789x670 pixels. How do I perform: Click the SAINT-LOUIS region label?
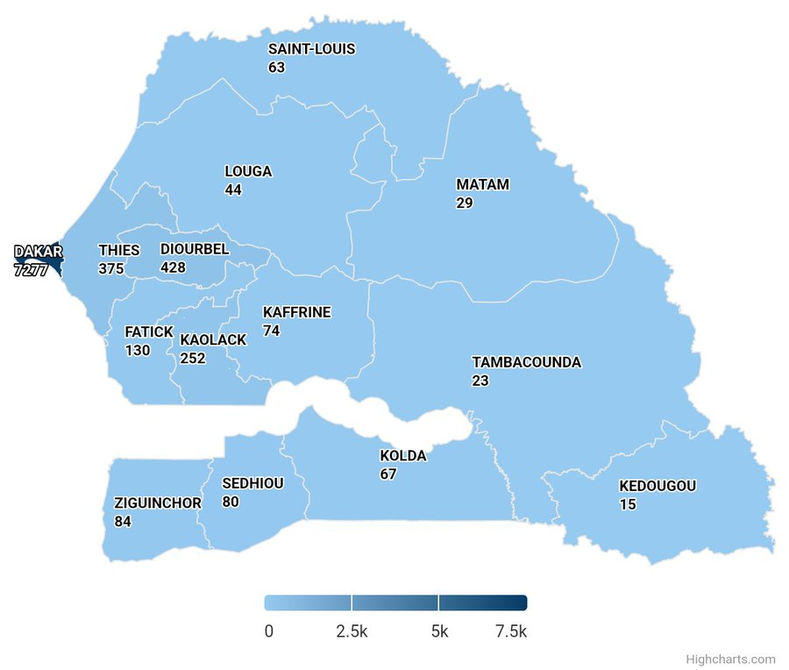(311, 49)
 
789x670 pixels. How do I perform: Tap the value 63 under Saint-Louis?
(277, 68)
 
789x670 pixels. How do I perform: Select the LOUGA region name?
(248, 172)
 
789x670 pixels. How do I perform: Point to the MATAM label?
(482, 185)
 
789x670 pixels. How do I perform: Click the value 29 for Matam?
(465, 203)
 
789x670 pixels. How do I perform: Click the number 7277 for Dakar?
(32, 271)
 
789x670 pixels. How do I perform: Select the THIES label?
(118, 251)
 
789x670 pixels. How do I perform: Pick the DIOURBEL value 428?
(173, 267)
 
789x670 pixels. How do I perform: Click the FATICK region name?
(149, 332)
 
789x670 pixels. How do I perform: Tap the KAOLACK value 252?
(193, 359)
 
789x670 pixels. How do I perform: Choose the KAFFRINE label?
(296, 312)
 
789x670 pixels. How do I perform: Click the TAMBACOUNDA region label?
(526, 363)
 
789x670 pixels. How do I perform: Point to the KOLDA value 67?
(388, 474)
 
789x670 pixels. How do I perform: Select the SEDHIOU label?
(252, 484)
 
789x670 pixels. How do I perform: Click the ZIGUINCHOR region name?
(158, 503)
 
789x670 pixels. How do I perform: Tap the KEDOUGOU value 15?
(628, 505)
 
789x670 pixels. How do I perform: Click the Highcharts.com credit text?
(730, 659)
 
